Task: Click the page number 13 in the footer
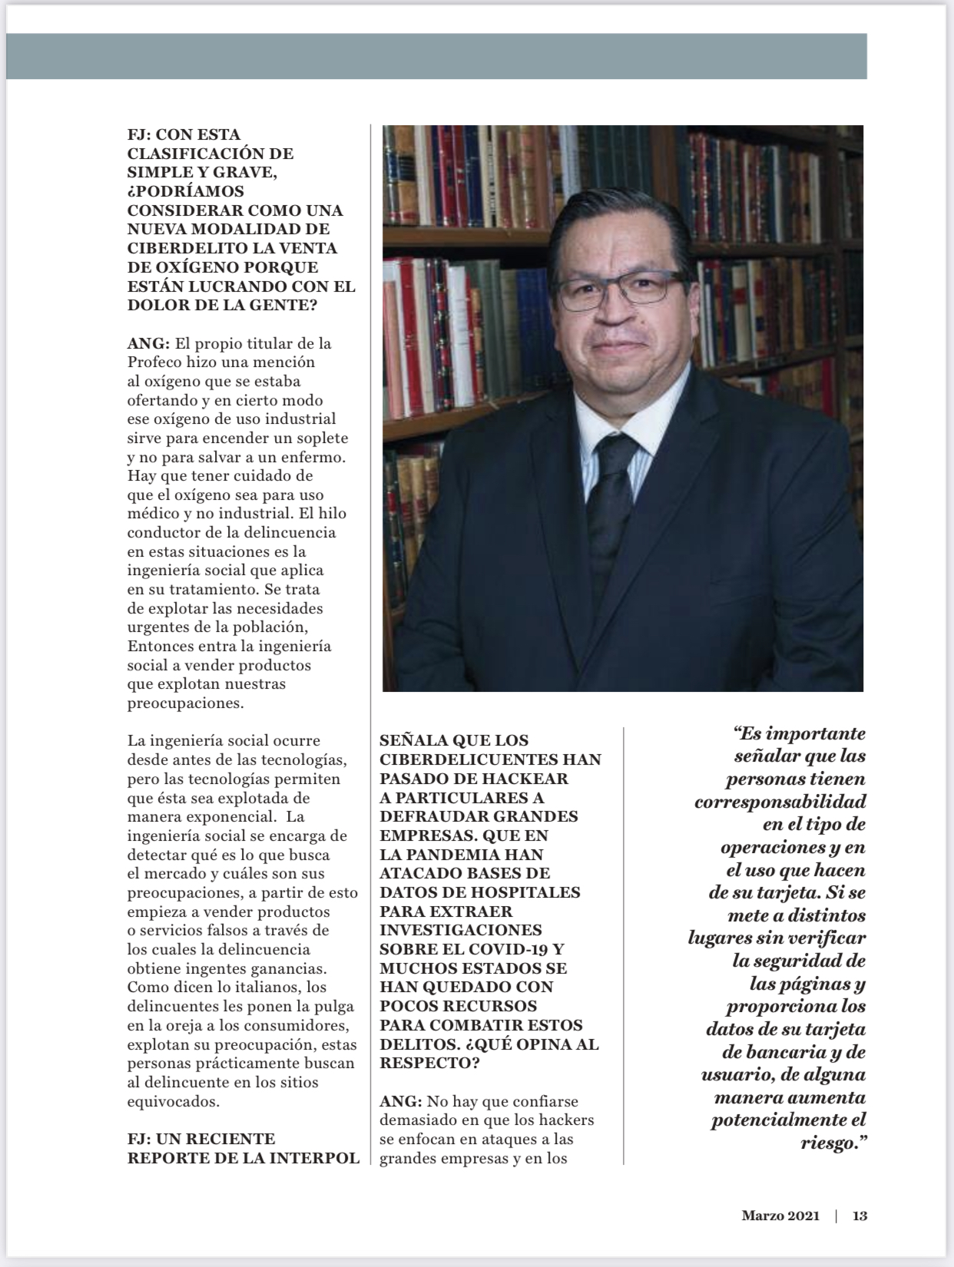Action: [x=860, y=1216]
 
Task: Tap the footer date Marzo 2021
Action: [x=780, y=1216]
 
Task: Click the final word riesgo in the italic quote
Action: [x=826, y=1143]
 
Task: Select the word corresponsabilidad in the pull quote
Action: [x=780, y=802]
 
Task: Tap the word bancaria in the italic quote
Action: [x=763, y=1052]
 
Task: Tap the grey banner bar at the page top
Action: [x=436, y=56]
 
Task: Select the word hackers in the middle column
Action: [x=567, y=1120]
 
